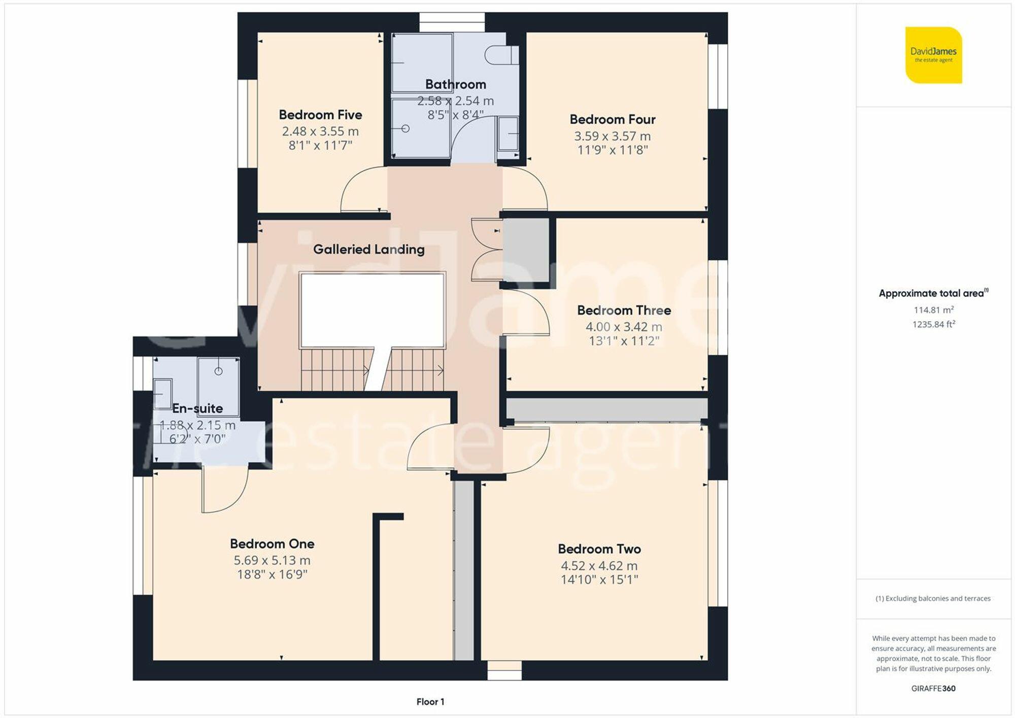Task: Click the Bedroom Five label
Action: [320, 115]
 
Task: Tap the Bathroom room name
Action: [455, 84]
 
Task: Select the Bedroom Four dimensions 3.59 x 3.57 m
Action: [612, 136]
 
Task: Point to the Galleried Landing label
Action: [368, 249]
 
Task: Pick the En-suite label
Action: [197, 408]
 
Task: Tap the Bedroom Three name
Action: [624, 310]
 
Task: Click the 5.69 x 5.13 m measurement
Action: [272, 560]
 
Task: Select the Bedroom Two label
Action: [599, 549]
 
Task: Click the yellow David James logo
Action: [933, 55]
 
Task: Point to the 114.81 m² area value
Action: [933, 310]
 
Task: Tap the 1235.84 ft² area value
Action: [933, 324]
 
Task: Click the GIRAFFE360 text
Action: [933, 689]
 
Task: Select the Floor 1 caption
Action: [430, 702]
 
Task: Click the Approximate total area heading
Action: [933, 293]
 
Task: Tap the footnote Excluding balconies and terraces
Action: [933, 599]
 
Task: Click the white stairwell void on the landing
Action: [373, 310]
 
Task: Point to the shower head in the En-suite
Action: [218, 371]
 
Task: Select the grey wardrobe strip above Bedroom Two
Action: [606, 409]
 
